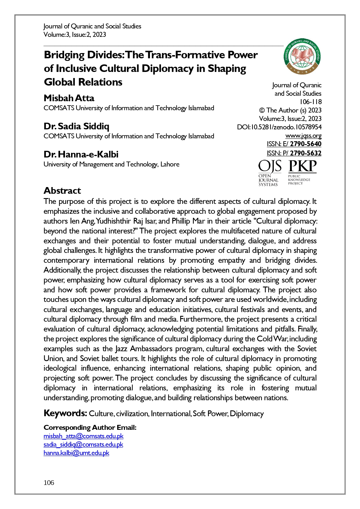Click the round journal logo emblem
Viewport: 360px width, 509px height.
click(303, 56)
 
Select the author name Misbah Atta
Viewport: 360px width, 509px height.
click(69, 98)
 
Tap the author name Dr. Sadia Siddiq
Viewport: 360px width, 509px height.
click(76, 126)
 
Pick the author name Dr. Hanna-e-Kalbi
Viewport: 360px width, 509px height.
click(81, 154)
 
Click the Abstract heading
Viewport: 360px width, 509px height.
click(62, 191)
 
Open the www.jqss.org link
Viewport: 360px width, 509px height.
click(303, 136)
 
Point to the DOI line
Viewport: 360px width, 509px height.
click(279, 127)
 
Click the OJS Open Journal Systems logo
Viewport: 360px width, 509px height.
click(269, 173)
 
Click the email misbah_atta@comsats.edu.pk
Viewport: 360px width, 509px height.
click(84, 436)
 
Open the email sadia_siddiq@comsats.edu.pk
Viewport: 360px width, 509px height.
click(83, 445)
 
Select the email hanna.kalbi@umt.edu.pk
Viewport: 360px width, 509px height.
click(76, 453)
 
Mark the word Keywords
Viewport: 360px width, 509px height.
click(65, 413)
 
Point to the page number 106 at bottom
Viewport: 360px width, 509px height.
click(49, 483)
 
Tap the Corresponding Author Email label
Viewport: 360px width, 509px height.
click(90, 428)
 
